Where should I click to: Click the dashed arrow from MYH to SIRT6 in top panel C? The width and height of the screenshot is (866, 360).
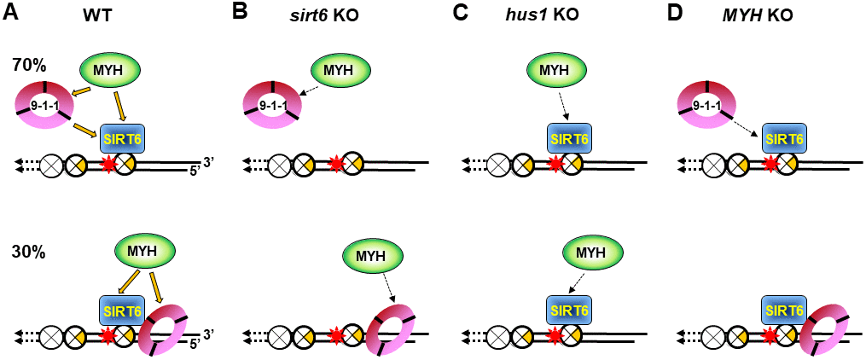(x=565, y=107)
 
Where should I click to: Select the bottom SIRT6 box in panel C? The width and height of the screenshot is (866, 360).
(x=566, y=311)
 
